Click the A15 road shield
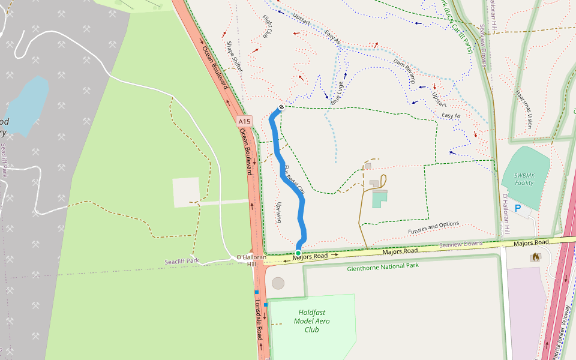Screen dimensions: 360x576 tap(244, 121)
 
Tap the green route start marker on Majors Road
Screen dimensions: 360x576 tap(298, 253)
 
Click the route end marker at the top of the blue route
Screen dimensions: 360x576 tap(280, 108)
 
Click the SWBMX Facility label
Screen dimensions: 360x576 tap(524, 179)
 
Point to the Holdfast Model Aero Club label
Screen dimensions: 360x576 tap(311, 321)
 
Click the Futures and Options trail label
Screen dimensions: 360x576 tap(433, 228)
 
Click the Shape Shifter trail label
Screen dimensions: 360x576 tap(235, 57)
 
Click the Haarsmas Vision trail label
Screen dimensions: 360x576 tap(523, 109)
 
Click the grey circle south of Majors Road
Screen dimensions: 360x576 tap(278, 283)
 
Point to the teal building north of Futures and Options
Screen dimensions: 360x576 tap(380, 199)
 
